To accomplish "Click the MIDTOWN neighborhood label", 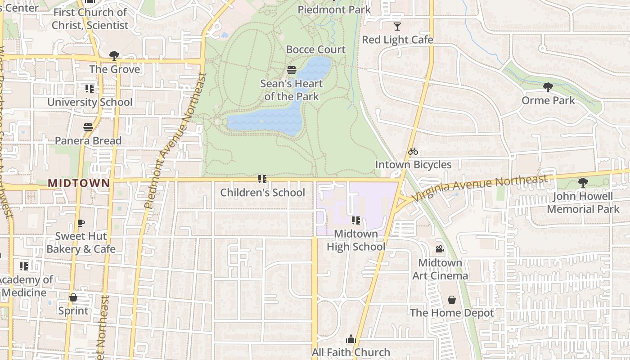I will click(79, 183).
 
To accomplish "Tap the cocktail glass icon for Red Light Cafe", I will click(397, 26).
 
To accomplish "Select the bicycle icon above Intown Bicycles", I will click(413, 151).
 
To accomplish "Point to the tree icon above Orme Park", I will click(548, 87).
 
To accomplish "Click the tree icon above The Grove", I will click(114, 56).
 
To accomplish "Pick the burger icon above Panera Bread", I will click(88, 127).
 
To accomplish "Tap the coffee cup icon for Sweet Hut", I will click(81, 223).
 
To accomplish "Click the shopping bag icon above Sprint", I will click(73, 297).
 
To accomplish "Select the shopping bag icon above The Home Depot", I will click(452, 300).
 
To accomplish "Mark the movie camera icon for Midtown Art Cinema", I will click(440, 249).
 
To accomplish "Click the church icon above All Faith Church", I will click(351, 339).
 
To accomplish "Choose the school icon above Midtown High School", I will click(355, 220).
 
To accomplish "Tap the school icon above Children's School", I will click(262, 179).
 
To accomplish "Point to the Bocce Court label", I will click(316, 49).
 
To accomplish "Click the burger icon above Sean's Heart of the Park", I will click(292, 70).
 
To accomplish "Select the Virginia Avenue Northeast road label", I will click(479, 189).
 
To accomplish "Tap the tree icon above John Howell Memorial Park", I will click(583, 183).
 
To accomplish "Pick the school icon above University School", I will click(90, 89).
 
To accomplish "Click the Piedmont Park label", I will click(334, 9).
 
